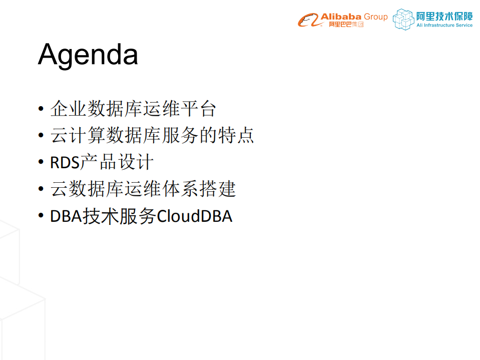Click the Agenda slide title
(x=88, y=54)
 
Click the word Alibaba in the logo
(x=341, y=17)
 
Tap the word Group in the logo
(x=375, y=17)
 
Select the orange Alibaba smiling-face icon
(x=309, y=21)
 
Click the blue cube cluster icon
(x=403, y=19)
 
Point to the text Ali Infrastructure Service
(x=444, y=26)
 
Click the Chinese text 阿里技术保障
(x=444, y=16)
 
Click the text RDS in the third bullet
(x=62, y=163)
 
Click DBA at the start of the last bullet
(x=66, y=217)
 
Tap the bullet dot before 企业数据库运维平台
(x=41, y=109)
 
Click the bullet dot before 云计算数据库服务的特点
(x=41, y=136)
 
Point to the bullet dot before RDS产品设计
(x=41, y=163)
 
